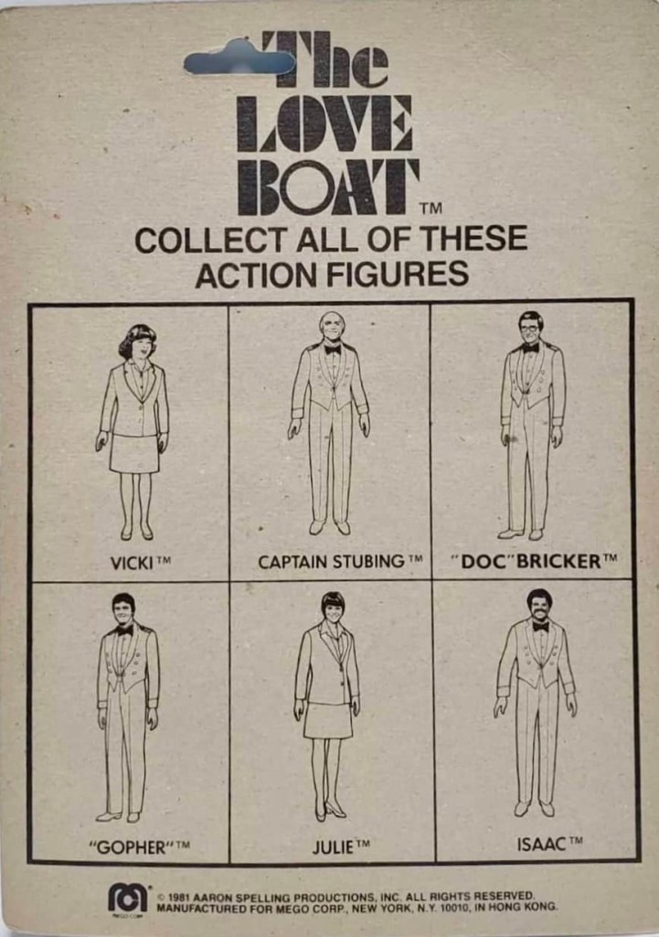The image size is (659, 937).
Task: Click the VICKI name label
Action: click(x=141, y=563)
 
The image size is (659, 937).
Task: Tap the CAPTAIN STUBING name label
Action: click(x=340, y=562)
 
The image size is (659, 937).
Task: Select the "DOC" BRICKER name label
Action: click(x=534, y=561)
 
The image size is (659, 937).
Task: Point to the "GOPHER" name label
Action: click(x=139, y=846)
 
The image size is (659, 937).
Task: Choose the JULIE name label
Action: click(x=341, y=846)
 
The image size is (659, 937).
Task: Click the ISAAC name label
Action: click(x=549, y=844)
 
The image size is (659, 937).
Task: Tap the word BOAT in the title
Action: click(x=328, y=187)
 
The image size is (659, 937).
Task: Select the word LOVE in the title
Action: click(x=324, y=124)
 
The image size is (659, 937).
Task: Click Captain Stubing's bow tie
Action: click(x=333, y=349)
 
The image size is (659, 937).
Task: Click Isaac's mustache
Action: click(x=539, y=614)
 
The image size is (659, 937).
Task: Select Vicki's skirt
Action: click(x=134, y=454)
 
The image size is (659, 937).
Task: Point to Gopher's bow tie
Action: click(x=124, y=630)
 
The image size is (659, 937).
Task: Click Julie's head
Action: click(x=333, y=606)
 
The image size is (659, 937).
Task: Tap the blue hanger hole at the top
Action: click(x=239, y=60)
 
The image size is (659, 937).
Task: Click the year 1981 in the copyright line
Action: click(x=180, y=898)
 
